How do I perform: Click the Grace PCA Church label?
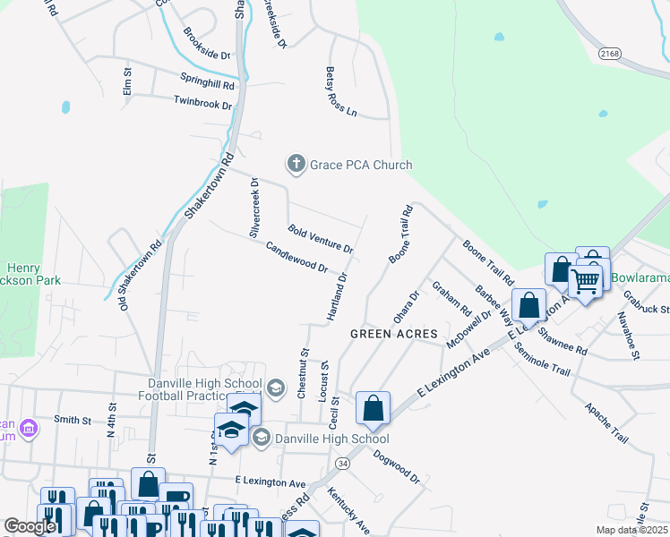[x=361, y=165]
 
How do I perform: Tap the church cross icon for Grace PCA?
[x=296, y=164]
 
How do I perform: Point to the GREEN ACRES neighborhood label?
[x=387, y=334]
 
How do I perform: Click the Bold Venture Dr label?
[x=320, y=238]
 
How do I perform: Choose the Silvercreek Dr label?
[x=254, y=207]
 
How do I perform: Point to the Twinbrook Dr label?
[x=202, y=104]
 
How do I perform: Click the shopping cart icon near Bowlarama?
[x=586, y=283]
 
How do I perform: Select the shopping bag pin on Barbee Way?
[x=529, y=304]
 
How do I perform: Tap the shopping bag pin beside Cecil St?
[x=373, y=408]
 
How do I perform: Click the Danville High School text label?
[x=332, y=439]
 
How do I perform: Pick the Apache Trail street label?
[x=606, y=422]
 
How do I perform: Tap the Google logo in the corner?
[x=30, y=527]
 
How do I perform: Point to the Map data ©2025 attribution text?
[x=630, y=530]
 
